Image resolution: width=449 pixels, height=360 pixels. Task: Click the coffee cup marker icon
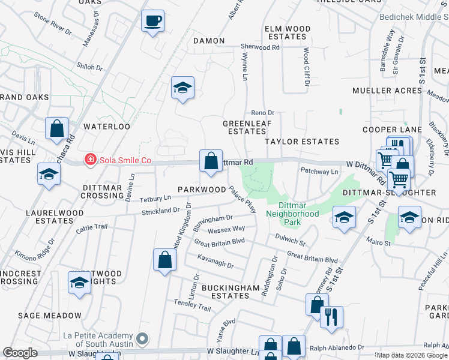(152, 22)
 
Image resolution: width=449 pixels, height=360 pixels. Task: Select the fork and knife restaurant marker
(331, 317)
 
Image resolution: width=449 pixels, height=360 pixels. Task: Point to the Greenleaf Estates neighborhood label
(244, 127)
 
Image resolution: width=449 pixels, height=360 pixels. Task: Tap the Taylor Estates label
(303, 142)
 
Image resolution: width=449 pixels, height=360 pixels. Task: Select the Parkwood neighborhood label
(202, 190)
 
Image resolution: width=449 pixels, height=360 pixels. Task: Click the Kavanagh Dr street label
(214, 261)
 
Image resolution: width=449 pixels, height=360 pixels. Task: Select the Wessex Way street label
(226, 229)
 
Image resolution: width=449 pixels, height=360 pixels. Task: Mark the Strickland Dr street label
(160, 210)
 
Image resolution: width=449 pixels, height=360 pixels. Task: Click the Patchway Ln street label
(319, 172)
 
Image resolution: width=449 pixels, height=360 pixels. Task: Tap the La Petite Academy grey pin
(142, 339)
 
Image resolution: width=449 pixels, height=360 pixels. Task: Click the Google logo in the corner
(20, 353)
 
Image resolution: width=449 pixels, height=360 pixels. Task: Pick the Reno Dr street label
(262, 112)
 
